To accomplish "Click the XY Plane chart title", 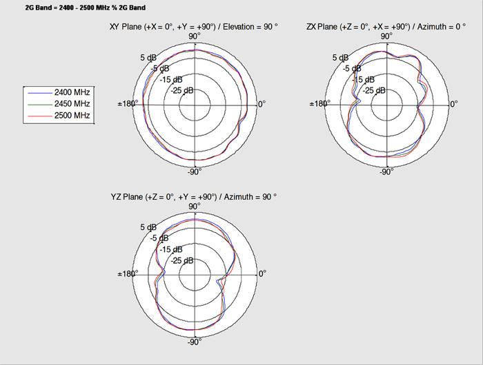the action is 193,27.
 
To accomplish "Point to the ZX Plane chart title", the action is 386,27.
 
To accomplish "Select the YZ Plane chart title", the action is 194,197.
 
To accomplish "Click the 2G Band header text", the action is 86,8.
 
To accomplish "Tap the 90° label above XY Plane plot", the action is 195,36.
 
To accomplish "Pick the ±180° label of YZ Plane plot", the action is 128,273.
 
